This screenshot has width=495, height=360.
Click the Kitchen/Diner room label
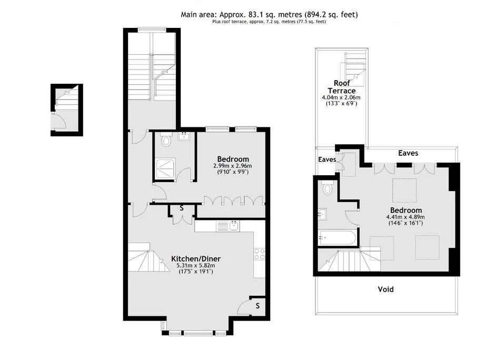pyautogui.click(x=195, y=258)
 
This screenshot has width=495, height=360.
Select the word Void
pyautogui.click(x=385, y=289)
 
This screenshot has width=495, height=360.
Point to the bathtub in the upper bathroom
pyautogui.click(x=337, y=237)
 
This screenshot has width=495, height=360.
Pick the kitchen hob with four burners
pyautogui.click(x=259, y=254)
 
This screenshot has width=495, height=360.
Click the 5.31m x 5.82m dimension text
pyautogui.click(x=195, y=266)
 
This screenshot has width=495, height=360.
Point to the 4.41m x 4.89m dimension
pyautogui.click(x=405, y=217)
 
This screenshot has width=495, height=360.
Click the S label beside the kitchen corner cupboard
pyautogui.click(x=258, y=305)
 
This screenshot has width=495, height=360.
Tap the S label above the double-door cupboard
pyautogui.click(x=181, y=207)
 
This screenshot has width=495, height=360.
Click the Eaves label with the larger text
pyautogui.click(x=408, y=153)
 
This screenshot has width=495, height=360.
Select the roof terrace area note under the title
pyautogui.click(x=269, y=22)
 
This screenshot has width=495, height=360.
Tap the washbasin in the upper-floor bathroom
pyautogui.click(x=323, y=214)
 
